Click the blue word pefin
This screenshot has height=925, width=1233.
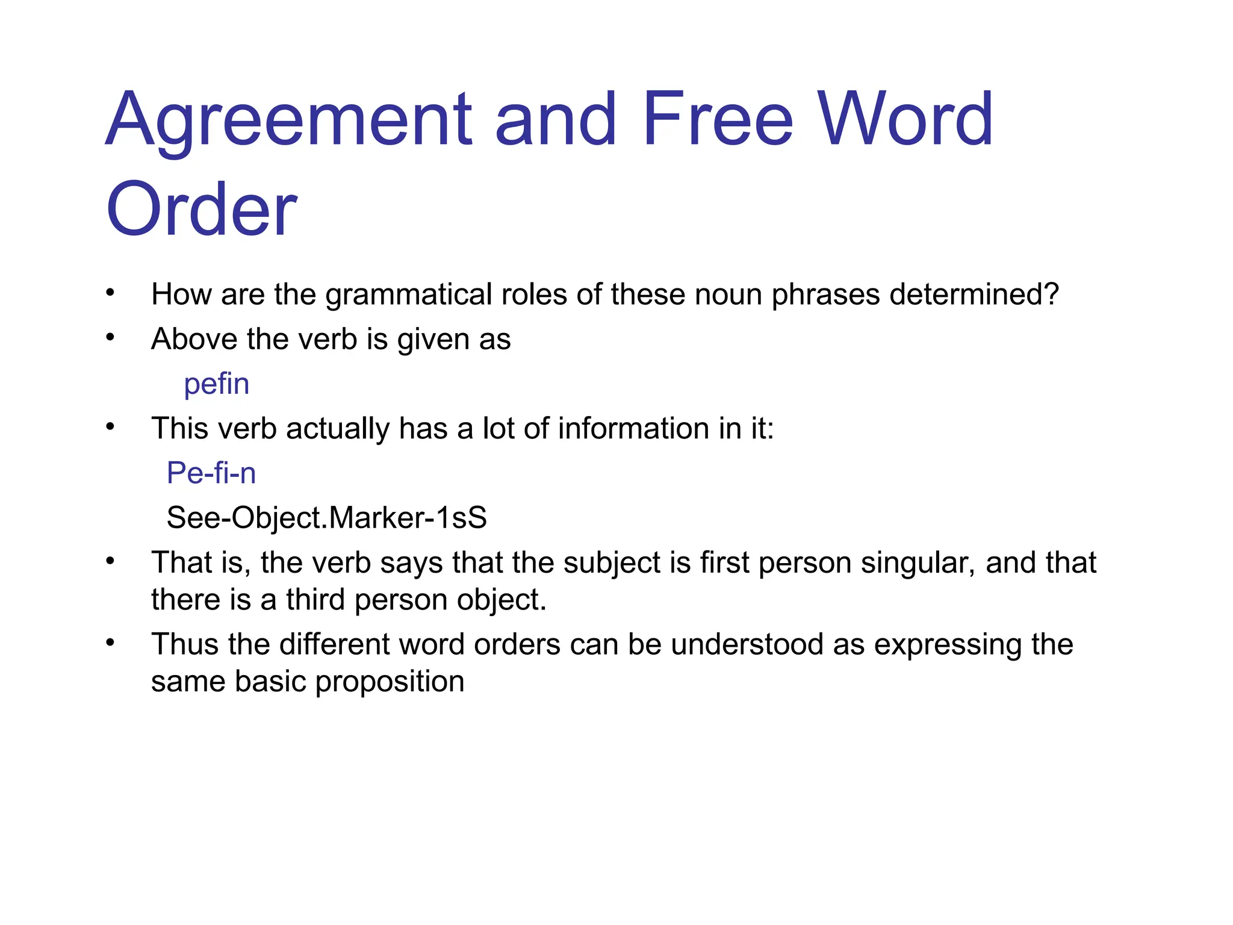point(216,384)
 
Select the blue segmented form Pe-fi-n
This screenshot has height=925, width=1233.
point(211,473)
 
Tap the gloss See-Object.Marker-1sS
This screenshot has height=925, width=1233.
point(326,517)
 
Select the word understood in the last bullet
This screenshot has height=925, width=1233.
point(746,644)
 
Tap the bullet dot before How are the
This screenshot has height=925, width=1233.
point(110,293)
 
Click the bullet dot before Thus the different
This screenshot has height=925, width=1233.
point(110,643)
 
